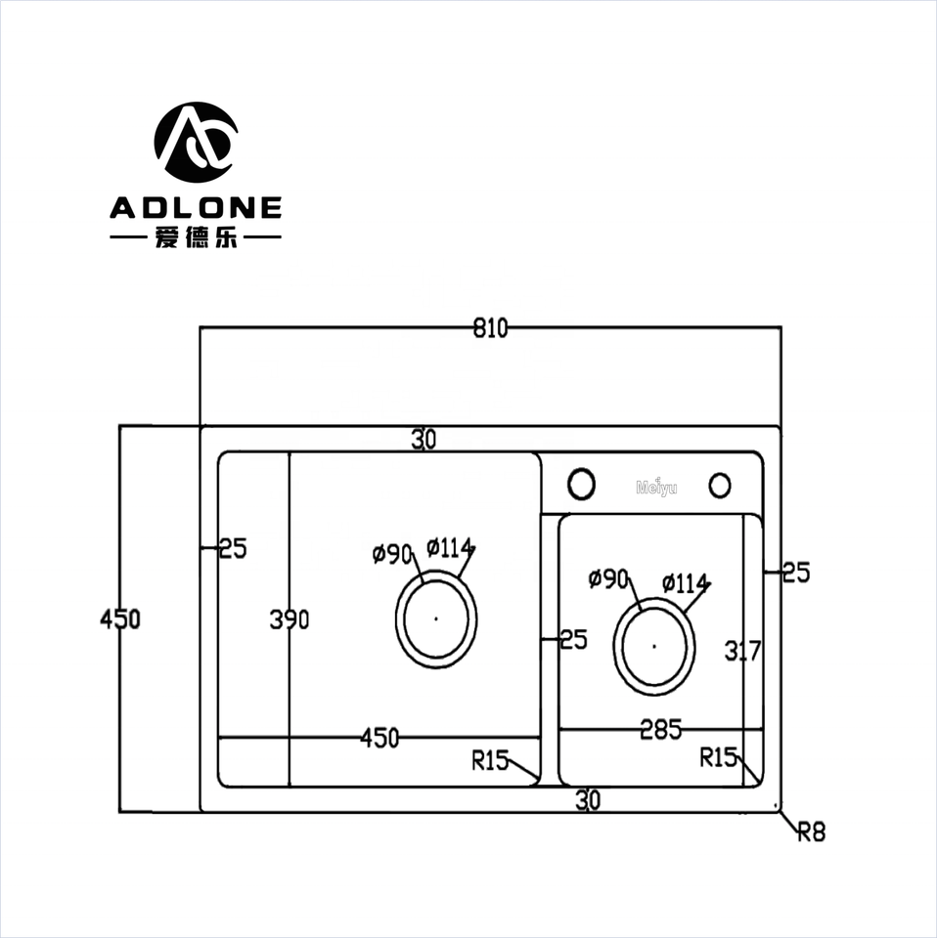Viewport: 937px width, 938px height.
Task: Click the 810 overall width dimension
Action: (x=490, y=329)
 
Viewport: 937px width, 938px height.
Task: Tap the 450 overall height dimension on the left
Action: (x=120, y=618)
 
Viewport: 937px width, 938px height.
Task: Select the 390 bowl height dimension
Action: (x=290, y=619)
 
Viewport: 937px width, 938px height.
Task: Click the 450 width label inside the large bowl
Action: (x=379, y=739)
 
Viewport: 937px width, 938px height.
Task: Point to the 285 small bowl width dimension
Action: (x=661, y=729)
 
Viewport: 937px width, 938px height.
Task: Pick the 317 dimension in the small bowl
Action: (x=742, y=651)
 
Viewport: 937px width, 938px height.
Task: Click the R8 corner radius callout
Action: (x=812, y=831)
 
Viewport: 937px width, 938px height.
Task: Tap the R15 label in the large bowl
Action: (x=490, y=760)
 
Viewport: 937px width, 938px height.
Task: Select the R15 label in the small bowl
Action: (x=719, y=757)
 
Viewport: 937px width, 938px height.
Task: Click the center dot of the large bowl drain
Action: (x=436, y=618)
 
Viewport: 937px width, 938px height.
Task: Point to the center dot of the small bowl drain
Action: (x=654, y=644)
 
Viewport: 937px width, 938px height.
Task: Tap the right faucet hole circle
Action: (x=720, y=485)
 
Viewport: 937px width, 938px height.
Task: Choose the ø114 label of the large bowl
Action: (x=450, y=548)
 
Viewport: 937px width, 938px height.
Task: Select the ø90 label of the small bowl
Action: (x=607, y=579)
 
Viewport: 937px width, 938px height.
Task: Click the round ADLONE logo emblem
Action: (x=196, y=142)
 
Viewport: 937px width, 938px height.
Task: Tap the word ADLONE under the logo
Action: (x=196, y=207)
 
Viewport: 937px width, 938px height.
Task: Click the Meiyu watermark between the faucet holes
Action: (x=655, y=487)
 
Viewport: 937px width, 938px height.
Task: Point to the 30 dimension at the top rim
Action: (x=424, y=441)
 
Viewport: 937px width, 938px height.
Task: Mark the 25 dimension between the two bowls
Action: (x=572, y=640)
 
